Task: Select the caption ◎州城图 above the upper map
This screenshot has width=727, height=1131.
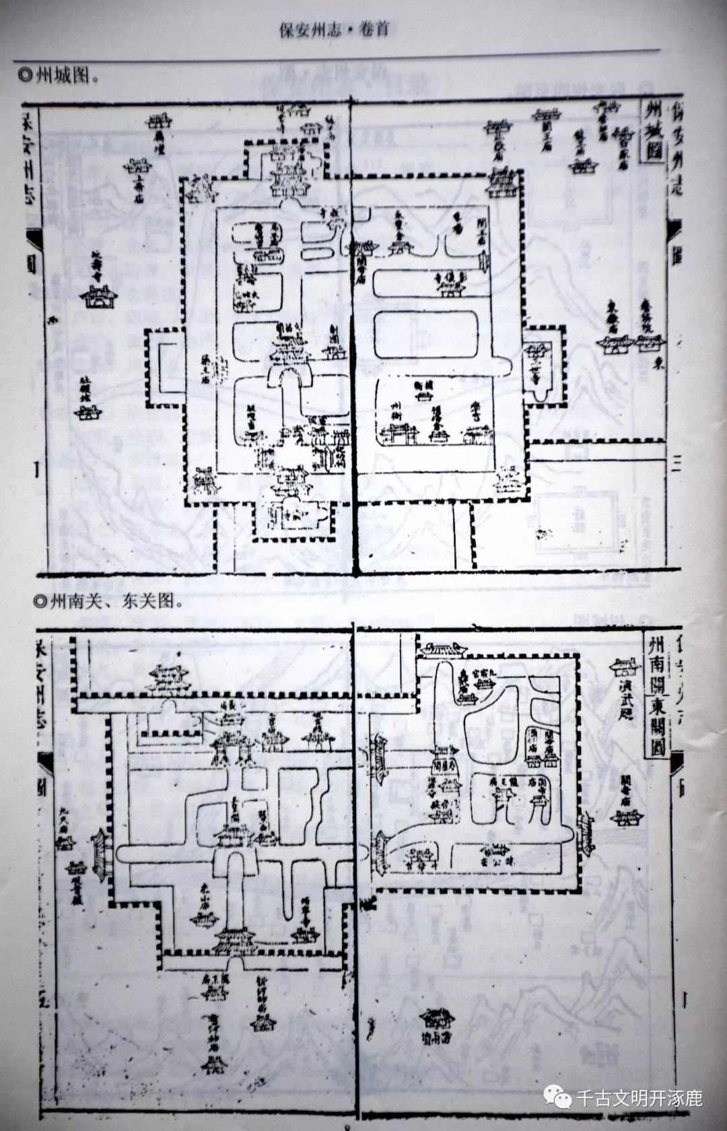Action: click(60, 75)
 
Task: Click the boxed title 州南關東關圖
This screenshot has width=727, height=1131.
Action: click(656, 693)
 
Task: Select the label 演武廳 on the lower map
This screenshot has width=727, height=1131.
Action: click(622, 700)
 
